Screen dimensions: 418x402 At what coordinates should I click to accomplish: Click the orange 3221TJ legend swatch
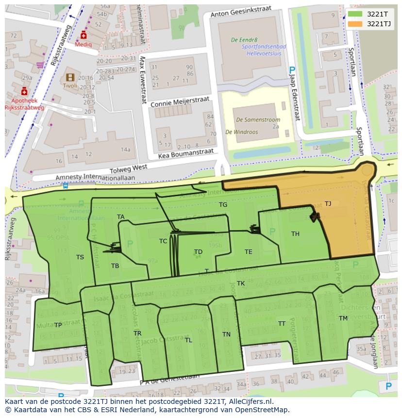click(355, 24)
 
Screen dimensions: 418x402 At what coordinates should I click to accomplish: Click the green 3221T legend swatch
click(355, 14)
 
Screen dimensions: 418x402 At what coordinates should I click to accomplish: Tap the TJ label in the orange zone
click(328, 204)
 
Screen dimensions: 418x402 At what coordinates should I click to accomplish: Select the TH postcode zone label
click(295, 234)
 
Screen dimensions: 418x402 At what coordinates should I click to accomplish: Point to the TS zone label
click(80, 257)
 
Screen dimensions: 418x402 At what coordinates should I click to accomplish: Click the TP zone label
click(58, 325)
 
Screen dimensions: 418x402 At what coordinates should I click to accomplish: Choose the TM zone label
click(343, 318)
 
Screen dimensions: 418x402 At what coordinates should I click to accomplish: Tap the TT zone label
click(282, 324)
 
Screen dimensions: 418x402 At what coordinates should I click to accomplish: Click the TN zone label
click(226, 334)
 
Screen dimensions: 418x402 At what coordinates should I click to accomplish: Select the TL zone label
click(188, 340)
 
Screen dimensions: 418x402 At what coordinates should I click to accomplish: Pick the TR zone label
click(137, 334)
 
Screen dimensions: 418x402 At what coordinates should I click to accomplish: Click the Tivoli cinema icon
click(70, 77)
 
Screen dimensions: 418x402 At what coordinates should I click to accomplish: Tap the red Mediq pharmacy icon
click(84, 35)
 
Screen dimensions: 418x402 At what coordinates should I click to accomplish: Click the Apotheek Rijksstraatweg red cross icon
click(24, 91)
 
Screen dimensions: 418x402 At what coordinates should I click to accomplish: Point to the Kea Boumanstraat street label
click(186, 154)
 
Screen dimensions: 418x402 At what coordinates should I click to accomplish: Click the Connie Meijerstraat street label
click(180, 102)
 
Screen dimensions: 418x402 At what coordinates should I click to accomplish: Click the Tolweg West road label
click(128, 168)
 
